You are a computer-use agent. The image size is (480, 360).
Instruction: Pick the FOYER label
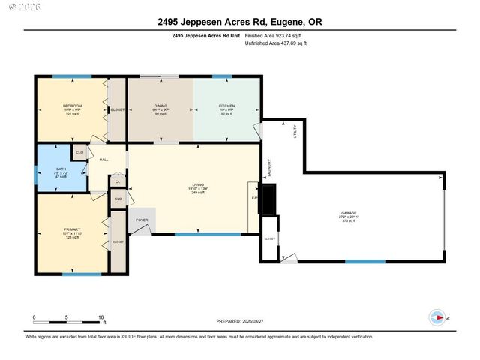click(142, 220)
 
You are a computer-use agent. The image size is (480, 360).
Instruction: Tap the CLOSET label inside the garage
click(269, 238)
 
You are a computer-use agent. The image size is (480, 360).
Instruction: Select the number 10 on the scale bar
click(100, 317)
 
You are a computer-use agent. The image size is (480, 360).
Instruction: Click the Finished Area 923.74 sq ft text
click(276, 35)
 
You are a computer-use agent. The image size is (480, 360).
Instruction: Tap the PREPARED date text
click(240, 321)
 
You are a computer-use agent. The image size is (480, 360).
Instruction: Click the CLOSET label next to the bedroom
click(117, 110)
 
